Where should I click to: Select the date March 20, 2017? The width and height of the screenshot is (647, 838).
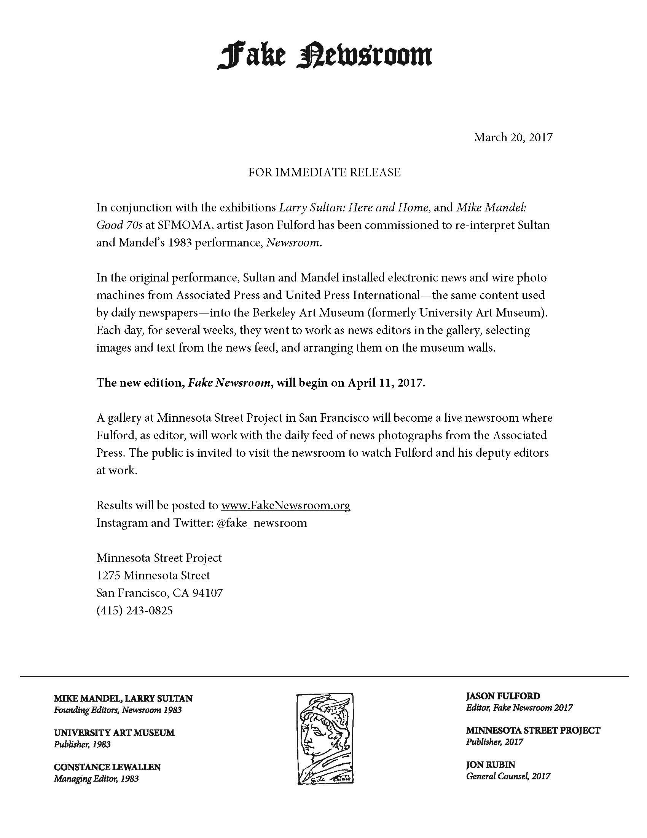pos(513,138)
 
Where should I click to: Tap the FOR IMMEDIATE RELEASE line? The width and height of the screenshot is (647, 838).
pos(324,172)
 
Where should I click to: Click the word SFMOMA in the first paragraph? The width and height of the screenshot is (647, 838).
pos(183,225)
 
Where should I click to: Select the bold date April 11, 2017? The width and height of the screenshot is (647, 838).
pos(386,383)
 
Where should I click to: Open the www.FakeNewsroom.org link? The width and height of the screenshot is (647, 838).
pos(286,505)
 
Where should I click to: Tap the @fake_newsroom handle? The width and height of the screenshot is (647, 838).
pos(262,523)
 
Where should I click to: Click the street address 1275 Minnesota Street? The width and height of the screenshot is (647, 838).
pos(153,575)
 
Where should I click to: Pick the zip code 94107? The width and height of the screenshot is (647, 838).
pos(207,593)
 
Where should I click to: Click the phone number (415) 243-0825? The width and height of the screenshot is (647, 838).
pos(134,610)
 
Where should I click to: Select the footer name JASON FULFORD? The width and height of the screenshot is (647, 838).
pos(503,696)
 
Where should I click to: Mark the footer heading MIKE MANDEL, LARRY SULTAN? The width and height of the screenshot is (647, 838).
pos(123,698)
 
